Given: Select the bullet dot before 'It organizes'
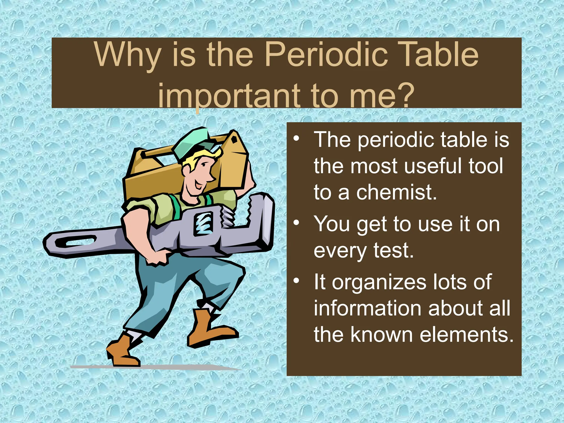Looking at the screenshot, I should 296,281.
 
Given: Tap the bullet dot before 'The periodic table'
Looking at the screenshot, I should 296,138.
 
